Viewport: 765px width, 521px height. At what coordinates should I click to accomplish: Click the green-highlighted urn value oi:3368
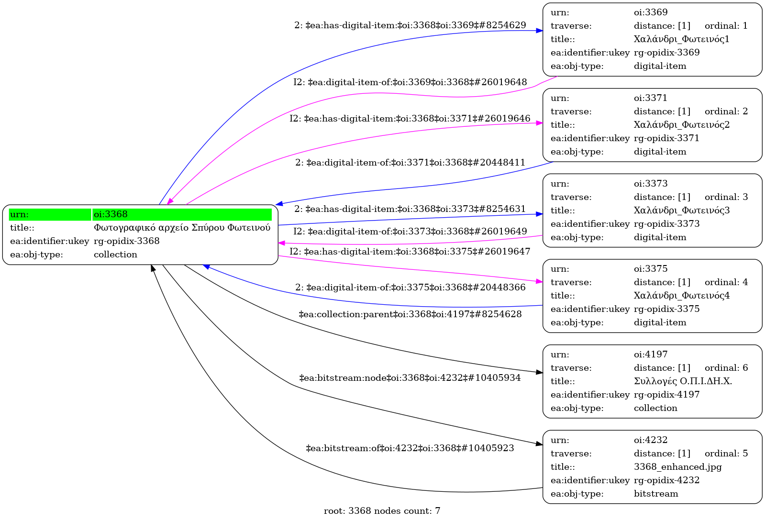click(111, 214)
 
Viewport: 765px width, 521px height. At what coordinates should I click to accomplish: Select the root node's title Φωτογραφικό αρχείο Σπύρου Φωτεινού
click(182, 228)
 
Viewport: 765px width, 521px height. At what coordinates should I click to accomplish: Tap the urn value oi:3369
click(651, 12)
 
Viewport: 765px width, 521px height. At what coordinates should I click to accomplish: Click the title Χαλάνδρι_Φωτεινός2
click(682, 125)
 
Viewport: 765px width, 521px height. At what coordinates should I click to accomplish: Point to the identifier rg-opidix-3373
click(666, 224)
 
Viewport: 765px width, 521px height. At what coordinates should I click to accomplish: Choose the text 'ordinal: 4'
click(726, 282)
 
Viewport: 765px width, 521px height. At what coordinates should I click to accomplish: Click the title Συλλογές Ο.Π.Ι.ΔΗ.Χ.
click(683, 381)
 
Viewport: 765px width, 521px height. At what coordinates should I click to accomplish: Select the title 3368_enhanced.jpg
click(677, 467)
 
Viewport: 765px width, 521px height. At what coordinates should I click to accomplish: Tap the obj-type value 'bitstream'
click(656, 494)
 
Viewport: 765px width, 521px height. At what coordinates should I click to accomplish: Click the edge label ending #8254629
click(410, 25)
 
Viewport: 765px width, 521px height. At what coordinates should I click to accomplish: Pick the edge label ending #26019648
click(410, 82)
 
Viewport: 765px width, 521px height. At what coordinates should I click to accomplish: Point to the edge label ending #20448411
click(410, 163)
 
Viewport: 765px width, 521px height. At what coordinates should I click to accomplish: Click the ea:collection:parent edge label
click(410, 314)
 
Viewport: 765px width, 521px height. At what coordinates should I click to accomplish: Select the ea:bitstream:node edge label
click(410, 378)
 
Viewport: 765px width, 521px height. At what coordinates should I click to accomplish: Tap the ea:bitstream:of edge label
click(410, 448)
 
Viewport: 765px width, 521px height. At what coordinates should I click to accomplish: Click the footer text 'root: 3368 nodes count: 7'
click(382, 511)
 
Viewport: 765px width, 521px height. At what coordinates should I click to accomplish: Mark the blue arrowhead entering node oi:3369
click(539, 31)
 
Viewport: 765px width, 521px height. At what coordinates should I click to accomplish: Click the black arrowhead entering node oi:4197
click(539, 372)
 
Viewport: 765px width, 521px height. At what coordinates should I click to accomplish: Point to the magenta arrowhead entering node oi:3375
click(539, 282)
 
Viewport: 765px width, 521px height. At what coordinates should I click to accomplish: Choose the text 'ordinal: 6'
click(726, 368)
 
